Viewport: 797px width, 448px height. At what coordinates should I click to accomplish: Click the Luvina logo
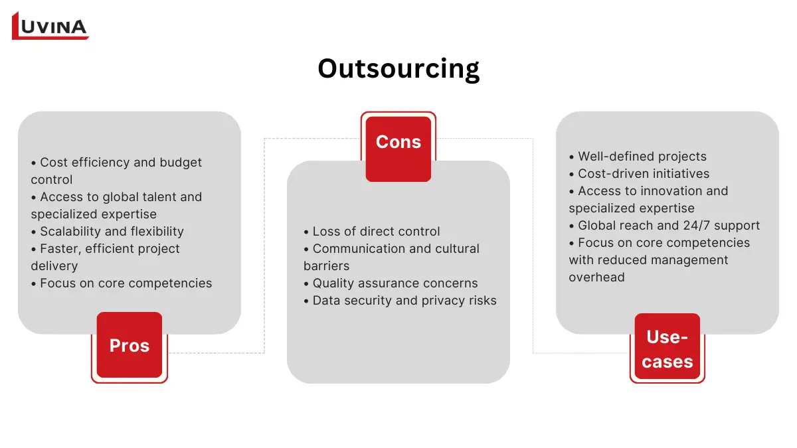pyautogui.click(x=50, y=26)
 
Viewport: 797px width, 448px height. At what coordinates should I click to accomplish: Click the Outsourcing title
pyautogui.click(x=398, y=68)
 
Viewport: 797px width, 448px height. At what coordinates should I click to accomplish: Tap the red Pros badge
pyautogui.click(x=130, y=345)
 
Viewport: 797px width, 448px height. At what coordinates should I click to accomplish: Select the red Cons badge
pyautogui.click(x=398, y=142)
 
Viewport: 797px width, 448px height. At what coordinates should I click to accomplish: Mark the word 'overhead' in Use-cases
pyautogui.click(x=596, y=277)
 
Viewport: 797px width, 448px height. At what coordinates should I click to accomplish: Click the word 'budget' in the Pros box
pyautogui.click(x=179, y=163)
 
